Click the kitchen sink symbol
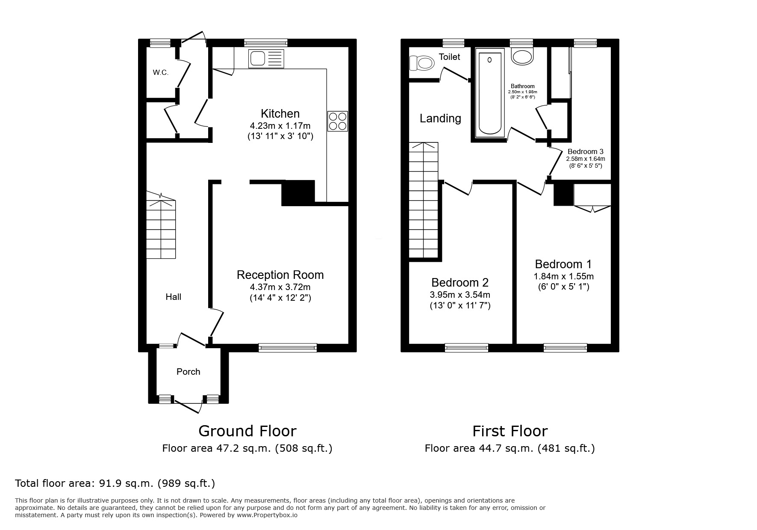click(266, 59)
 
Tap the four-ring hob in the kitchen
click(337, 121)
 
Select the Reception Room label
click(280, 275)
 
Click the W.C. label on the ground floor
click(161, 72)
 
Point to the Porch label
click(188, 372)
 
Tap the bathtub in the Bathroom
click(489, 94)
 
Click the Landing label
click(440, 118)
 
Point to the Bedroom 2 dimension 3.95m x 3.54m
click(460, 295)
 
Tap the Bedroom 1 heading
click(563, 264)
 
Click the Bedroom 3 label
click(585, 151)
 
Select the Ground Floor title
click(247, 431)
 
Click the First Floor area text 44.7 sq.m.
click(510, 448)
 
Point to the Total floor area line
click(115, 483)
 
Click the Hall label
click(173, 297)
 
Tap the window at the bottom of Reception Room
click(288, 348)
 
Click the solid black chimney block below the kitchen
click(298, 193)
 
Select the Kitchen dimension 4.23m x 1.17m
click(280, 126)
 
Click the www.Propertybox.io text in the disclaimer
click(267, 515)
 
